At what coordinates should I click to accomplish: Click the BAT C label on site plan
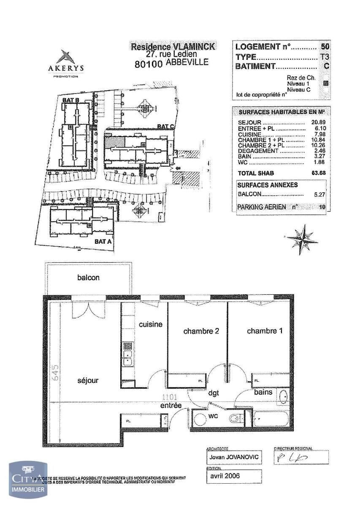tap(165, 126)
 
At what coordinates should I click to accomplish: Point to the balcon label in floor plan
tap(88, 277)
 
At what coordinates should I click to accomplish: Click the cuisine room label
tap(151, 324)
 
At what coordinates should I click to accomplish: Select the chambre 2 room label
tap(201, 331)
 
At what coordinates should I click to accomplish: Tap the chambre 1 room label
tap(264, 331)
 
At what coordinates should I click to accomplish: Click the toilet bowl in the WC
tap(235, 419)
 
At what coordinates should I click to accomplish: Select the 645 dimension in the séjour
tap(57, 373)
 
